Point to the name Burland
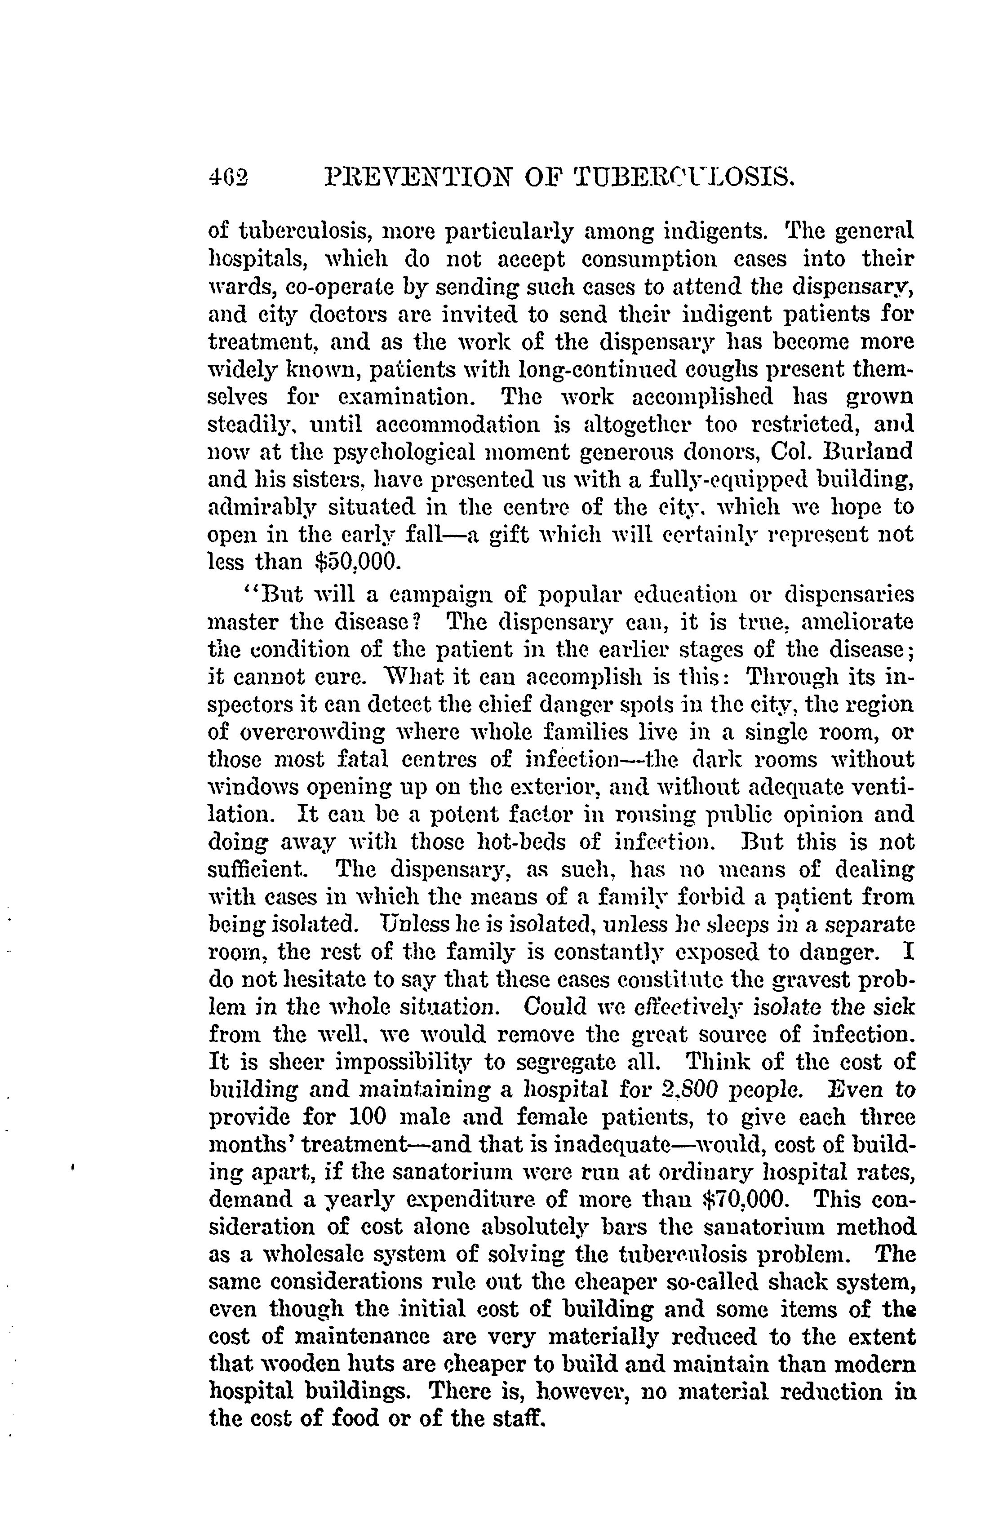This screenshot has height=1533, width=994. pos(868,452)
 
